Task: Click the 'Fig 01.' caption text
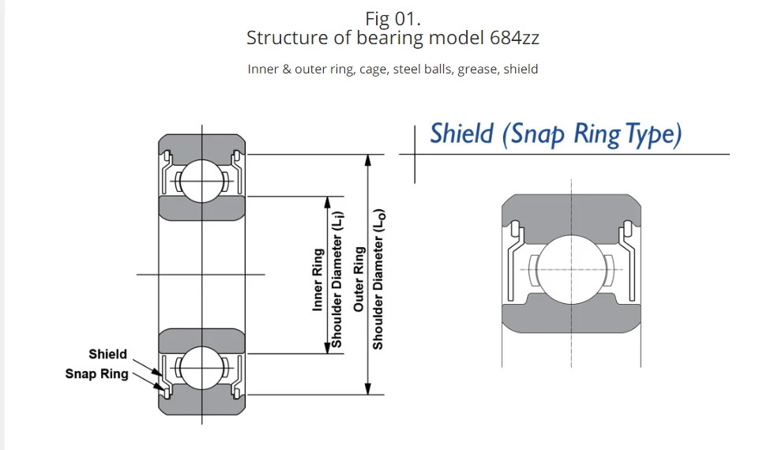393,17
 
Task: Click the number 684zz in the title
513,37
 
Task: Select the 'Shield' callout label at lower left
107,354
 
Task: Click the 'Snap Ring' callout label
96,373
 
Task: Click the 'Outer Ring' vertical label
359,279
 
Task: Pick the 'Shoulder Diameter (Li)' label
336,280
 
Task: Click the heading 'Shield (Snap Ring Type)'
555,133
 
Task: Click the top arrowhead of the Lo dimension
367,159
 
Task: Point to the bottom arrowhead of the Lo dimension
367,389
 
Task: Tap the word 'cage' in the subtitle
372,69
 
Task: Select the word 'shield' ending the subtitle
521,69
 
